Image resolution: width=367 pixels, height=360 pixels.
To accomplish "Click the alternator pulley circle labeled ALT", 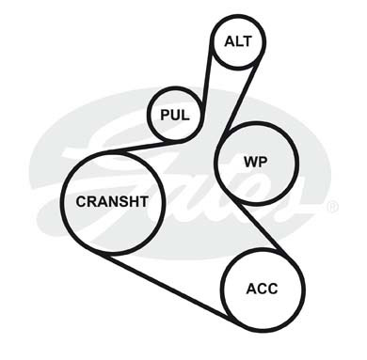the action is tap(212, 41).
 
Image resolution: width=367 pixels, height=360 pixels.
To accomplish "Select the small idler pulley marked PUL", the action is tap(149, 115).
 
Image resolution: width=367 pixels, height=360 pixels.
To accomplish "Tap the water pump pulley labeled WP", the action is tap(216, 163).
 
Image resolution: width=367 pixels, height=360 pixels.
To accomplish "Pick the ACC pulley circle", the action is tap(222, 290).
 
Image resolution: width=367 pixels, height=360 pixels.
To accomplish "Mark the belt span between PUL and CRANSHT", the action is tap(143, 147).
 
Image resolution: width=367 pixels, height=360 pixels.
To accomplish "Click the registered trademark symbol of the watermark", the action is tap(332, 207).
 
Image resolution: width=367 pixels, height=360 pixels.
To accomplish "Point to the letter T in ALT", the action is tap(247, 41).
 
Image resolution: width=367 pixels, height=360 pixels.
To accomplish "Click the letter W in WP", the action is tap(251, 163).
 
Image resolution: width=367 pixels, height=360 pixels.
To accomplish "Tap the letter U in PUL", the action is tap(175, 115).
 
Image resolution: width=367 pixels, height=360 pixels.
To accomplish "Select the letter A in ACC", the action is tap(252, 289).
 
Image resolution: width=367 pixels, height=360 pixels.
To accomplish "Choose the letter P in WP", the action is tap(263, 163).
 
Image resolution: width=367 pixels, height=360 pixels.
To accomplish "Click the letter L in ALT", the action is tap(237, 41).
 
